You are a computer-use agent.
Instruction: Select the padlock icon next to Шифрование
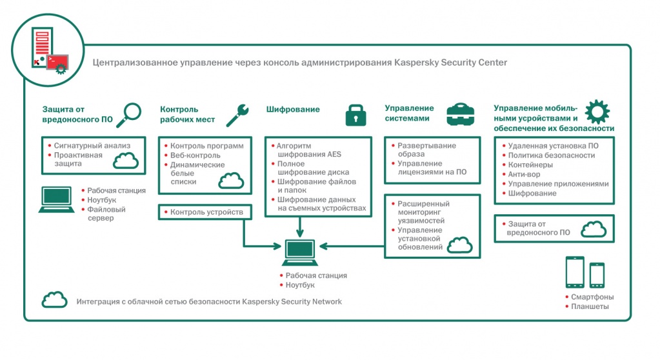click(x=355, y=114)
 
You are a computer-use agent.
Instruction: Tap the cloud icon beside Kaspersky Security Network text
click(x=54, y=300)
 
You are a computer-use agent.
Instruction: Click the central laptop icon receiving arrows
click(x=299, y=253)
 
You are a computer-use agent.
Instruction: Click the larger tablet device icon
click(x=574, y=272)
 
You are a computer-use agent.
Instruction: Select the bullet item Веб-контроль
click(x=195, y=155)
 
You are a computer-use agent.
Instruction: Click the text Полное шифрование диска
click(x=313, y=168)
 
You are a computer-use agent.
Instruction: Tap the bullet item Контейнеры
click(x=530, y=165)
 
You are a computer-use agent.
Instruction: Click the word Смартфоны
click(x=592, y=297)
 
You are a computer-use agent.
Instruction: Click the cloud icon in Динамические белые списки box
click(x=230, y=181)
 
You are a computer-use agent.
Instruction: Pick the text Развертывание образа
click(x=426, y=150)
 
